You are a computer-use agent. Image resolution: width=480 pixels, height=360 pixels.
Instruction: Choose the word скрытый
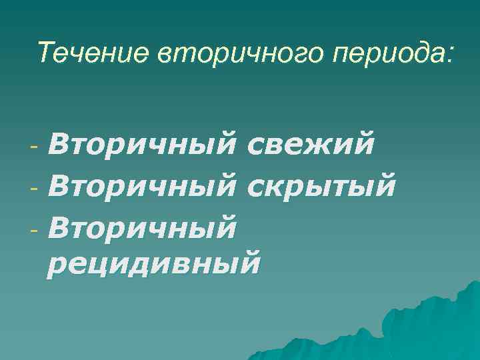(x=321, y=183)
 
